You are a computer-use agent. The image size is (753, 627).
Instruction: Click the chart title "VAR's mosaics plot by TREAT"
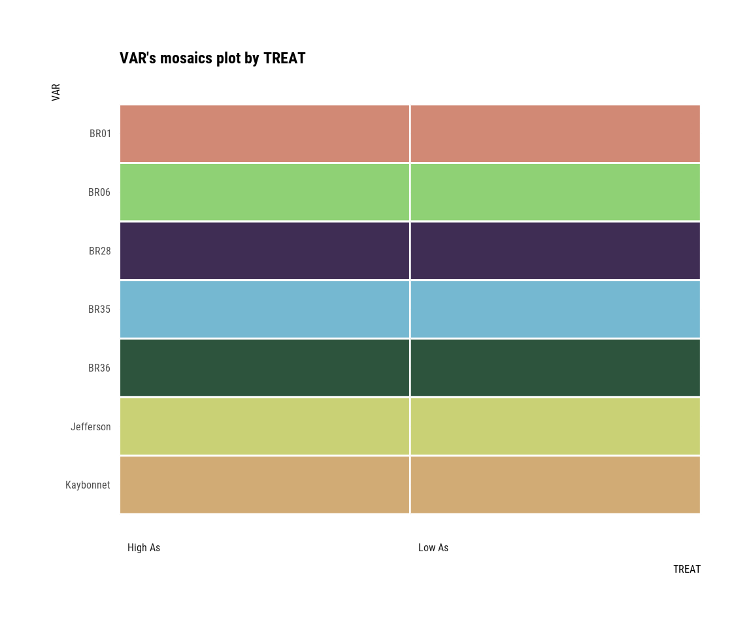pyautogui.click(x=212, y=58)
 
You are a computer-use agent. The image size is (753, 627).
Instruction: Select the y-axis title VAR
pyautogui.click(x=56, y=92)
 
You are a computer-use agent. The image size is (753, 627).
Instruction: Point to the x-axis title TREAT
pyautogui.click(x=686, y=570)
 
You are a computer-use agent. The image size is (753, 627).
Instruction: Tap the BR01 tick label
pyautogui.click(x=100, y=134)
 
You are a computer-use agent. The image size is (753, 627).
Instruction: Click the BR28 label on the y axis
pyautogui.click(x=100, y=251)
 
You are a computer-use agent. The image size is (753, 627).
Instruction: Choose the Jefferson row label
pyautogui.click(x=90, y=427)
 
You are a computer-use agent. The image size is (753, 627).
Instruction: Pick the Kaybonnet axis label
pyautogui.click(x=88, y=485)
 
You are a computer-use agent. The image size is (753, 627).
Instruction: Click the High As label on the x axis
pyautogui.click(x=144, y=548)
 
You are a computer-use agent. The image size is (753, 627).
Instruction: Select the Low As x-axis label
pyautogui.click(x=433, y=548)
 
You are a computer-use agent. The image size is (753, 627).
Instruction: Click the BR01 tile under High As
pyautogui.click(x=265, y=134)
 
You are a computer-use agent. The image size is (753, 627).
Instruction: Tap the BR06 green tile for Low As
pyautogui.click(x=555, y=192)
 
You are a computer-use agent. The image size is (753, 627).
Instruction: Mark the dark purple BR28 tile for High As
pyautogui.click(x=265, y=251)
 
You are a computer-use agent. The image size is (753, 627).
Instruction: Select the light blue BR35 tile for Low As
pyautogui.click(x=555, y=309)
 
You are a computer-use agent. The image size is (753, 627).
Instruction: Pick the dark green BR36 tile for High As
pyautogui.click(x=265, y=368)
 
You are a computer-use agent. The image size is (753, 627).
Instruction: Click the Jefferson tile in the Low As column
pyautogui.click(x=555, y=426)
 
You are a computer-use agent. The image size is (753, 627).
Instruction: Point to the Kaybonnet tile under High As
pyautogui.click(x=265, y=485)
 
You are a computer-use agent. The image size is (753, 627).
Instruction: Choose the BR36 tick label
pyautogui.click(x=99, y=368)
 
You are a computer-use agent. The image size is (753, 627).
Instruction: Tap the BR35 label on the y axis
pyautogui.click(x=99, y=310)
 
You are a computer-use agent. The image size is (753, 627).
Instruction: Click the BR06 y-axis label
pyautogui.click(x=99, y=193)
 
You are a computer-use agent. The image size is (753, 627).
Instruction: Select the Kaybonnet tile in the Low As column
pyautogui.click(x=555, y=485)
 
